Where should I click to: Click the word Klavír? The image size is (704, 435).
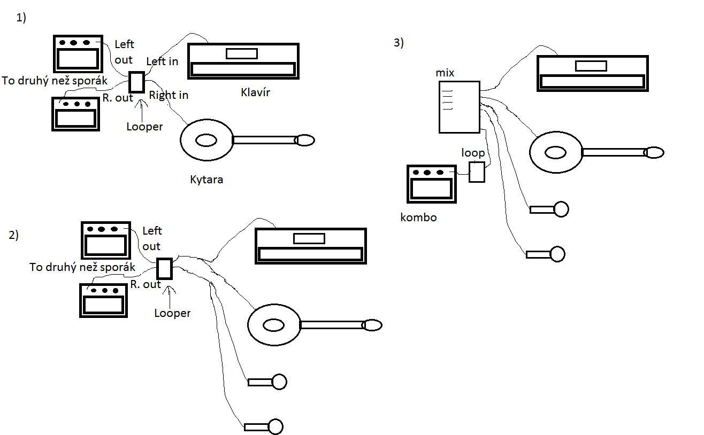(x=255, y=92)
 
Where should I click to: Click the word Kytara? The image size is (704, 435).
(x=206, y=180)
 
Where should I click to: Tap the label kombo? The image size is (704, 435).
(x=418, y=217)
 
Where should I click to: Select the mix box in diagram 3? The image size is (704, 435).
(x=459, y=107)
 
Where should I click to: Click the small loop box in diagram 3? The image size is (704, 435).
(x=477, y=172)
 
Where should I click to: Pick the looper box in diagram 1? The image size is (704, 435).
(x=137, y=82)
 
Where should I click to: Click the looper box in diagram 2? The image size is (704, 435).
(x=165, y=268)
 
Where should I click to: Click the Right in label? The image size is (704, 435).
(x=169, y=95)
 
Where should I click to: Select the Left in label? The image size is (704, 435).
(x=162, y=61)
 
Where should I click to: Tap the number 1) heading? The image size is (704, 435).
(x=21, y=18)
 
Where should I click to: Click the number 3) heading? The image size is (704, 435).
(x=399, y=43)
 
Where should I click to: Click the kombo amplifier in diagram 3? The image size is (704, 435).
(x=432, y=184)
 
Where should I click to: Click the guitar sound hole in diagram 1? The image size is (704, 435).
(x=205, y=140)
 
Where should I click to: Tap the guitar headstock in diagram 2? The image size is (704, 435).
(x=372, y=325)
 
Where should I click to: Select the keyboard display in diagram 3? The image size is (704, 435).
(x=591, y=66)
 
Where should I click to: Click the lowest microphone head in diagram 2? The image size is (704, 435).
(x=276, y=426)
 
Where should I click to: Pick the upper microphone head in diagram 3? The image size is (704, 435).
(x=561, y=209)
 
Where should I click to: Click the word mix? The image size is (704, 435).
(x=445, y=73)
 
